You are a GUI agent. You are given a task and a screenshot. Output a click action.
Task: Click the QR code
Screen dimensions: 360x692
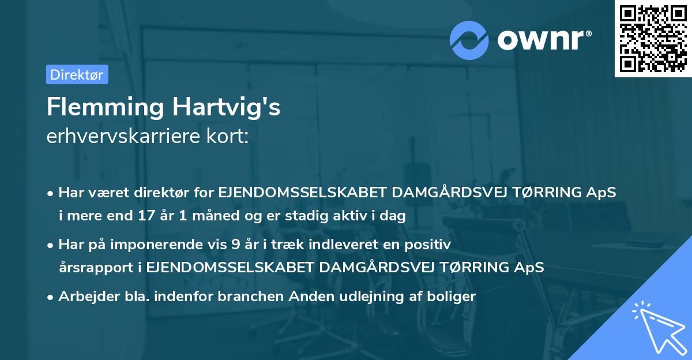tap(652, 38)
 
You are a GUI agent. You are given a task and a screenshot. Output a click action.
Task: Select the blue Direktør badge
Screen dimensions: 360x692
tap(77, 74)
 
